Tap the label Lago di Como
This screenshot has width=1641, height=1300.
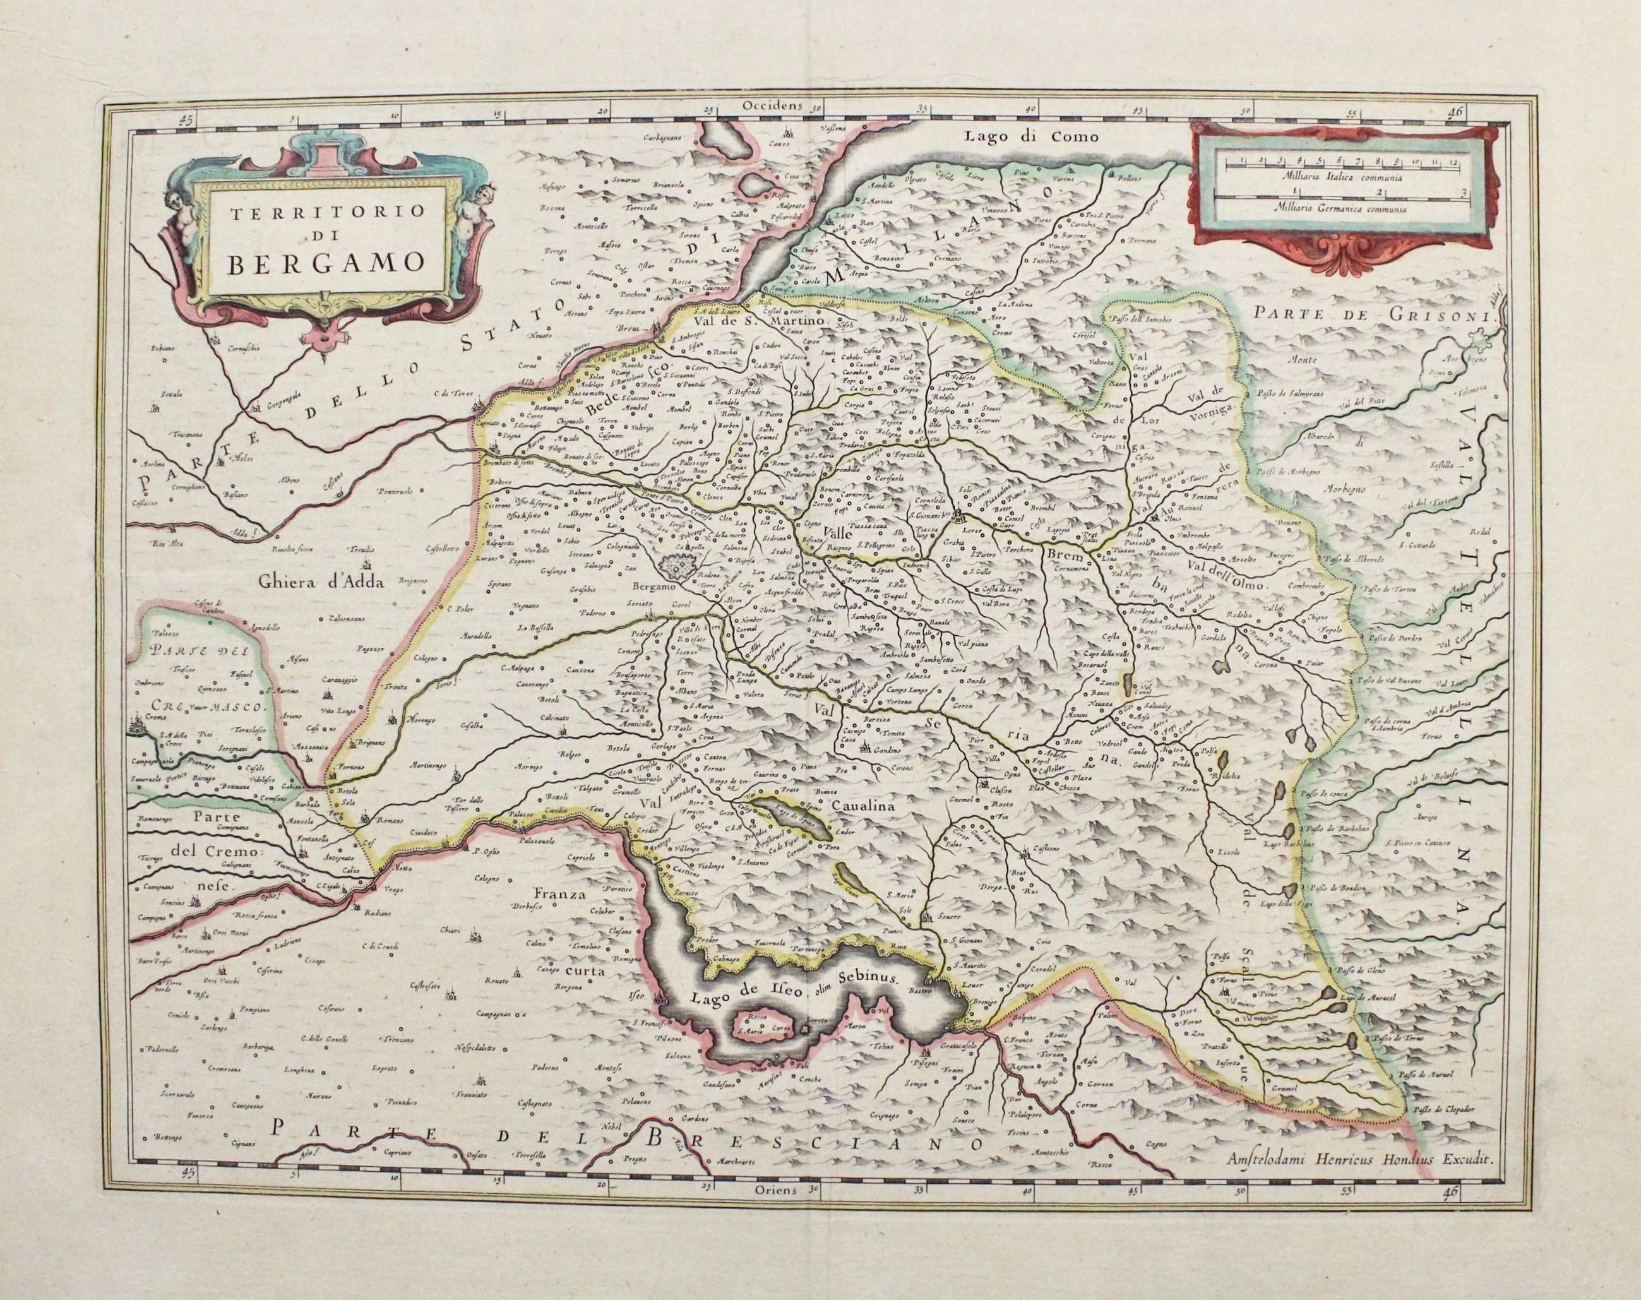(1019, 137)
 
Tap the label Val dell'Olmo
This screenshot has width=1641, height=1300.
(1226, 586)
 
